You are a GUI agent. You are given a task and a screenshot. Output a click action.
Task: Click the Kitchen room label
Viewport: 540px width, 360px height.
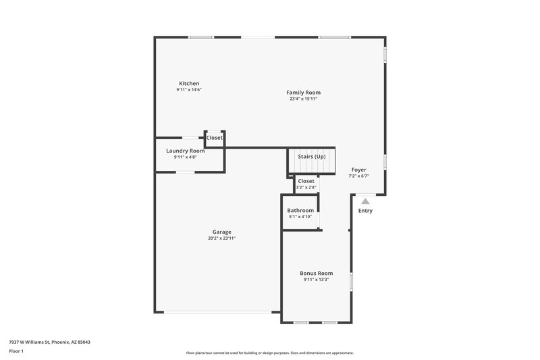[189, 83]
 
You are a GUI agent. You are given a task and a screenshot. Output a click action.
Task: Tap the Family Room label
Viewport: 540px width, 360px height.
[303, 93]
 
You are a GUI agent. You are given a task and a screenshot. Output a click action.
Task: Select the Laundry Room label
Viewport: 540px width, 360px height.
[185, 151]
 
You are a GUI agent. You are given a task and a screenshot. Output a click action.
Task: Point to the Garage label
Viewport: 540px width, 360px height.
[221, 232]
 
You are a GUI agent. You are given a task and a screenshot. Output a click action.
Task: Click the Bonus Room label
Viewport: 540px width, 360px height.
[316, 273]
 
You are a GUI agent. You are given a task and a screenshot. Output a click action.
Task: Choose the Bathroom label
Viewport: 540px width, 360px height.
[300, 210]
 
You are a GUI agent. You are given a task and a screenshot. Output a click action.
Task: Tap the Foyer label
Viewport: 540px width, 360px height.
[358, 170]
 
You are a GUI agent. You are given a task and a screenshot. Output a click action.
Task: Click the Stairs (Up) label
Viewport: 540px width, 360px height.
[312, 157]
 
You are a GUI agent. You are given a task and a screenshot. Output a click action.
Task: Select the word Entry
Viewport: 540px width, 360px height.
[365, 211]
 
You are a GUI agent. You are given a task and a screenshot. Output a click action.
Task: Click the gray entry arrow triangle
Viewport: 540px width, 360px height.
[365, 201]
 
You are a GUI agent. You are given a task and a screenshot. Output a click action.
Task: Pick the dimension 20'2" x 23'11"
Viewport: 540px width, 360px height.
[221, 238]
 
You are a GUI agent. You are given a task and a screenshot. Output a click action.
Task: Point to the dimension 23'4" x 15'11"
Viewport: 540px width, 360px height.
[303, 99]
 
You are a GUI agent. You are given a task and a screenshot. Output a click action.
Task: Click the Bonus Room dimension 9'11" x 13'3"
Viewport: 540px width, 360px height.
[316, 279]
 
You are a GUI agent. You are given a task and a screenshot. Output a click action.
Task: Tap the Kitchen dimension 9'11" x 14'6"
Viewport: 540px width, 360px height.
[189, 90]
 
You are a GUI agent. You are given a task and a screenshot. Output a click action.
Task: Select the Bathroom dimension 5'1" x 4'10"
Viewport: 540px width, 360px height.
[300, 216]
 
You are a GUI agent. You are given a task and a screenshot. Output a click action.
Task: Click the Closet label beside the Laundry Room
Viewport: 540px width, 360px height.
[215, 138]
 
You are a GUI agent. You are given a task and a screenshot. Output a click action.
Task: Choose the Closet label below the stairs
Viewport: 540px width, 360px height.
[306, 181]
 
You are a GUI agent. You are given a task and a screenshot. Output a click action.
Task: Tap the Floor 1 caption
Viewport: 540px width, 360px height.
[16, 352]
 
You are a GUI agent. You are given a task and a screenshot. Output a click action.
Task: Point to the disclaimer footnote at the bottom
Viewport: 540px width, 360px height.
[269, 353]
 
